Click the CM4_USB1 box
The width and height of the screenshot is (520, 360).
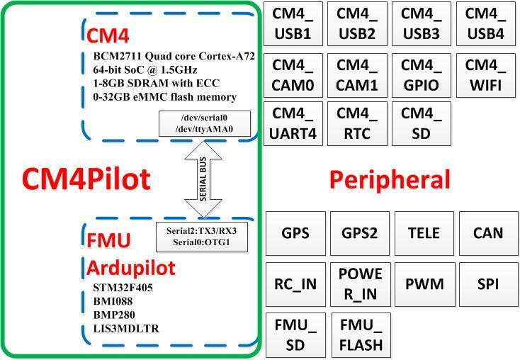click(x=293, y=24)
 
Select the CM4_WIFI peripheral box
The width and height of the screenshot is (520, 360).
click(x=485, y=75)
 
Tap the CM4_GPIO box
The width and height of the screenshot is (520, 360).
click(x=421, y=75)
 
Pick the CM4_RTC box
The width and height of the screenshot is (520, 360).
click(x=357, y=123)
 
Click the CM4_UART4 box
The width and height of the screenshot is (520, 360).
click(x=293, y=123)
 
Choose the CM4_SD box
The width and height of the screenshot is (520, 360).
click(x=421, y=123)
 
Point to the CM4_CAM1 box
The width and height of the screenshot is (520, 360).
click(x=357, y=75)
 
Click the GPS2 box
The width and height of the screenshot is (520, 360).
click(x=360, y=233)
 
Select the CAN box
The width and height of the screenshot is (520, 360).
click(x=489, y=233)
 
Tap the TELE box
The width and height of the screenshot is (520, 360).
click(x=424, y=233)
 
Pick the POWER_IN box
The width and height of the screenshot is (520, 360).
click(x=360, y=284)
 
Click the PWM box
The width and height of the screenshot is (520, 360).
click(x=424, y=284)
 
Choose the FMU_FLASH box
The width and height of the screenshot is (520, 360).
click(x=360, y=335)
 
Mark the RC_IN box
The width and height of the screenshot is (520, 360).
click(x=295, y=284)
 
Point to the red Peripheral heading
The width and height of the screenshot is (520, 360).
click(x=390, y=180)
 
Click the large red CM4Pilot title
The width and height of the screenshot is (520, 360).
click(x=86, y=179)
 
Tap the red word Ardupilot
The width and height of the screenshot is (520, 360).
click(x=131, y=268)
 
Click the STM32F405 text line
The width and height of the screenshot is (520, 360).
click(x=123, y=288)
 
